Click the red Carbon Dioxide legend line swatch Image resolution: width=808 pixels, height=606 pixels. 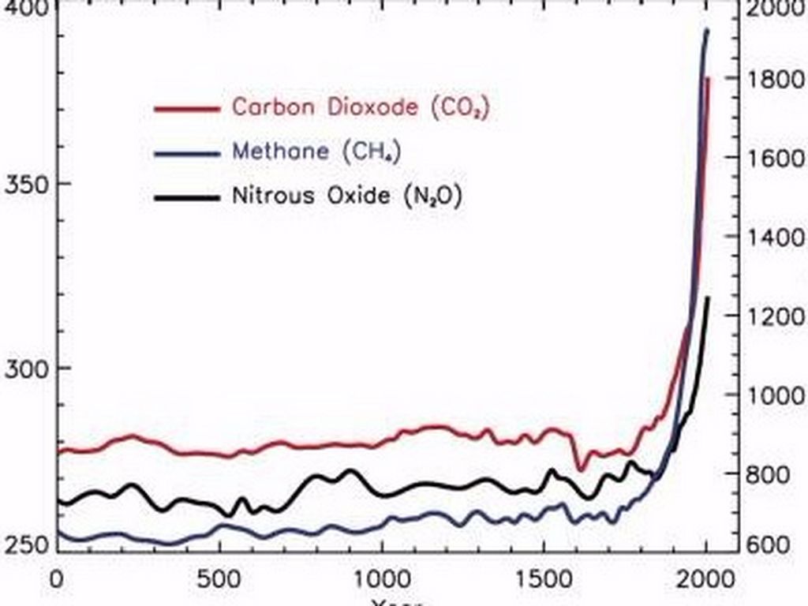(185, 108)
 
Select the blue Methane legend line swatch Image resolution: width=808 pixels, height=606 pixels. (185, 152)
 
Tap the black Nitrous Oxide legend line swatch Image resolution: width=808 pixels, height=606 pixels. (185, 196)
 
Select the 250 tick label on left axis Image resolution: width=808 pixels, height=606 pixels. (25, 545)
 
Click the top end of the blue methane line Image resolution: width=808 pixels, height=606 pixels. (706, 30)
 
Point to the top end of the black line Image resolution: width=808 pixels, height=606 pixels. (708, 297)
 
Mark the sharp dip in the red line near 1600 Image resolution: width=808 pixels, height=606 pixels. (581, 469)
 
